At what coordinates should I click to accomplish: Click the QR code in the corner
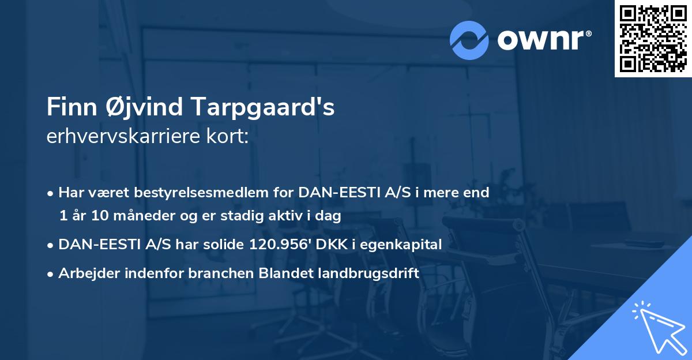click(x=653, y=39)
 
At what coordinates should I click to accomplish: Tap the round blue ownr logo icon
click(x=469, y=40)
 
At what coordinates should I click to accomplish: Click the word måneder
click(x=139, y=216)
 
